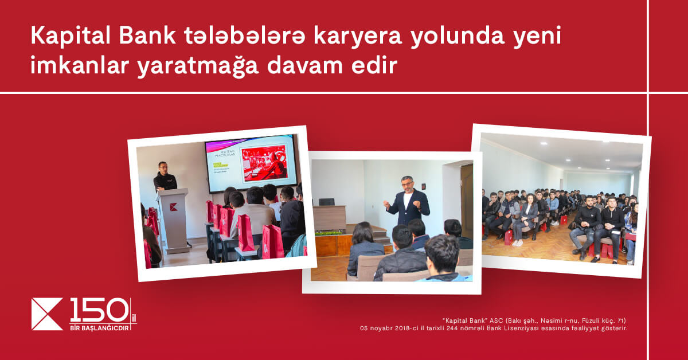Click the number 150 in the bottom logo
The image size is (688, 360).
point(99,310)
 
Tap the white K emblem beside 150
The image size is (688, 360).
point(47,314)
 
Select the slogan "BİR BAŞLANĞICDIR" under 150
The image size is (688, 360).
point(99,327)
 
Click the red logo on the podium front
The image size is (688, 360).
point(173,206)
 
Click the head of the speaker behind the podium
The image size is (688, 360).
point(163,167)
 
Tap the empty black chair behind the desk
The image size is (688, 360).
point(326,202)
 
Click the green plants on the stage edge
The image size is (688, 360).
point(329,232)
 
